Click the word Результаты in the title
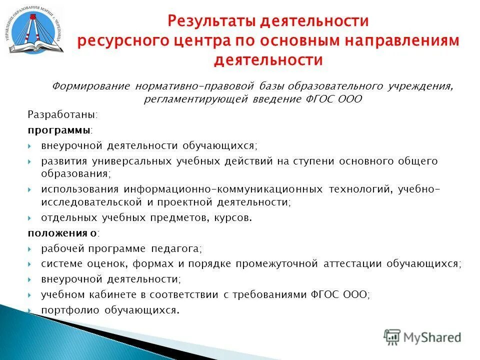click(209, 21)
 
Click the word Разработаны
click(62, 114)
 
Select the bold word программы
click(59, 130)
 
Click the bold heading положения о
click(62, 233)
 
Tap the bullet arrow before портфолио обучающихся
click(30, 310)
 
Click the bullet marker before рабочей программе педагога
click(30, 248)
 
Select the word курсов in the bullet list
click(233, 217)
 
